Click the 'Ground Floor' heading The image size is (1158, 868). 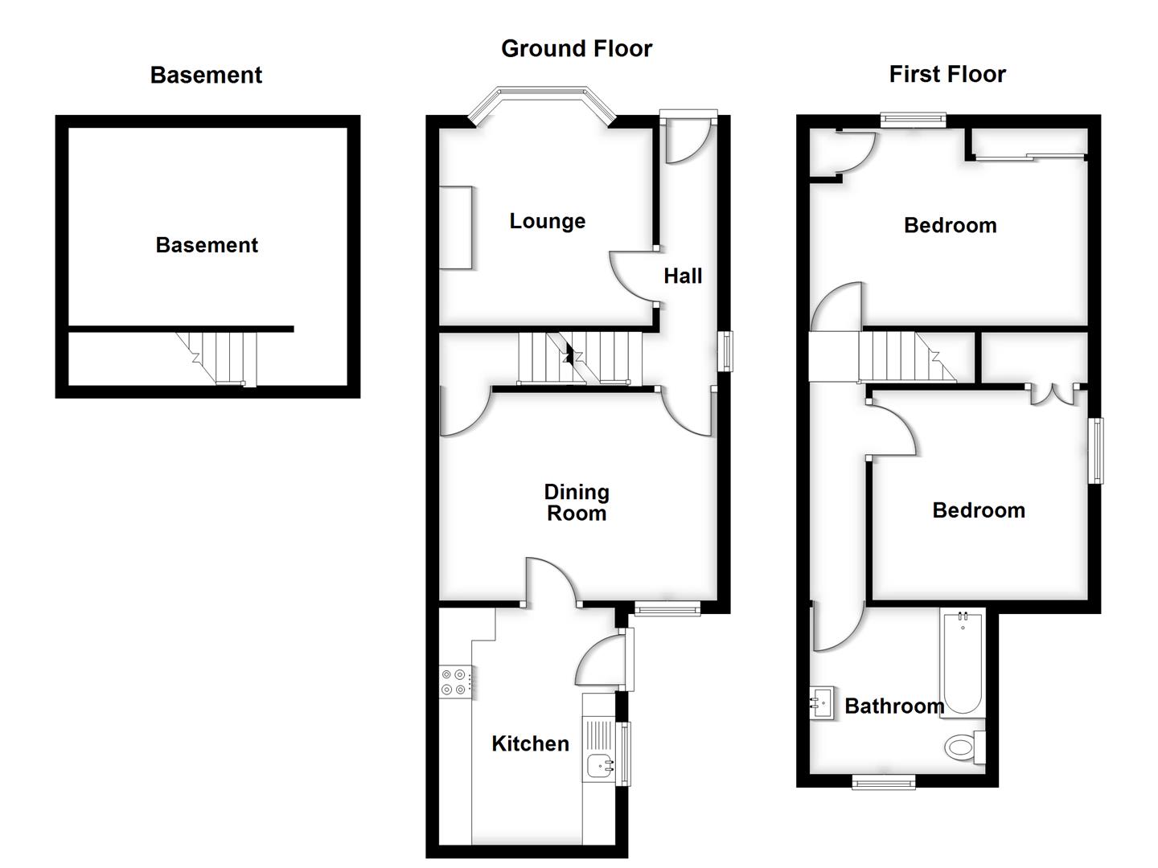576,49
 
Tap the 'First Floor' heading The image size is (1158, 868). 947,75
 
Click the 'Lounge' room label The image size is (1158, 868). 547,222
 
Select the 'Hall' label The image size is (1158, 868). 683,276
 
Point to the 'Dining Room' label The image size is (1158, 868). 577,502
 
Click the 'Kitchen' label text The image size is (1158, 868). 530,744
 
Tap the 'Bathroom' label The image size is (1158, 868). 893,706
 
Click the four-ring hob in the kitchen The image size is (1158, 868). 454,682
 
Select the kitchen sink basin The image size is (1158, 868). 599,767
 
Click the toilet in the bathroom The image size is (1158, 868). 963,747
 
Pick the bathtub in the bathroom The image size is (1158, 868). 962,663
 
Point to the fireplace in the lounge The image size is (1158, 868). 455,227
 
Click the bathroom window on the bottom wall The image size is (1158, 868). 884,781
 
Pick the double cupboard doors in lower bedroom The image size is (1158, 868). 1054,393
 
